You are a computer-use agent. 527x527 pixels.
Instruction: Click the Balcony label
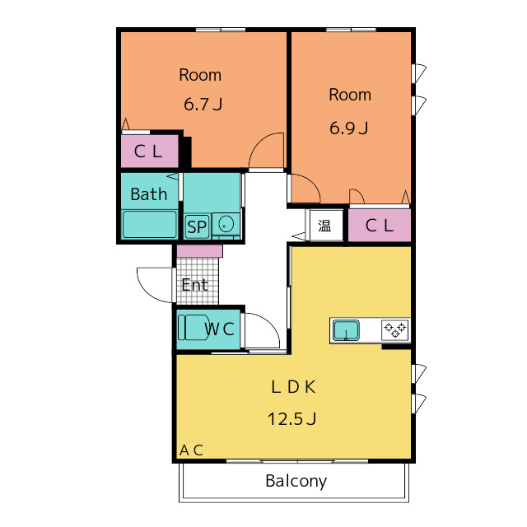coord(296,481)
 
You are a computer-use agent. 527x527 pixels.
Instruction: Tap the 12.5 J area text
coord(292,419)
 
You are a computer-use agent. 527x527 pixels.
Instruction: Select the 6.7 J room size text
coord(203,105)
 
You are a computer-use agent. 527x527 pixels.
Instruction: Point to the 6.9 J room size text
coord(349,128)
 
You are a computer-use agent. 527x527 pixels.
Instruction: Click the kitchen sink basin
coord(346,330)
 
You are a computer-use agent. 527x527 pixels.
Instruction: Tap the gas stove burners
coord(395,329)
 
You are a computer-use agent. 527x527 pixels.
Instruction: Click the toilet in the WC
coord(194,328)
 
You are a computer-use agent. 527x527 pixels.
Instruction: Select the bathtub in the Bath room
coord(150,224)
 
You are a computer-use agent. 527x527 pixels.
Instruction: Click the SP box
coord(197,227)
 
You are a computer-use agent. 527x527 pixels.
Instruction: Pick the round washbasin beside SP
coord(226,224)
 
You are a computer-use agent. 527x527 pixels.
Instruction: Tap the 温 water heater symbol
coord(324,226)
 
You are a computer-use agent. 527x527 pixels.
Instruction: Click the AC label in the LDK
coord(191,450)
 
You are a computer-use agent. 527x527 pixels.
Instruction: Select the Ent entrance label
coord(194,285)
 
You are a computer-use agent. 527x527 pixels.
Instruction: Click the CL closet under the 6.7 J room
coord(150,152)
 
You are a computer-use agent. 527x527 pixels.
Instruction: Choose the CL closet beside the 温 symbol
coord(380,225)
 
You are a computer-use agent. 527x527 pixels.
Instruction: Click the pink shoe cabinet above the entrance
coord(199,251)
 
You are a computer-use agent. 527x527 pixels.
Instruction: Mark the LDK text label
coord(293,387)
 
